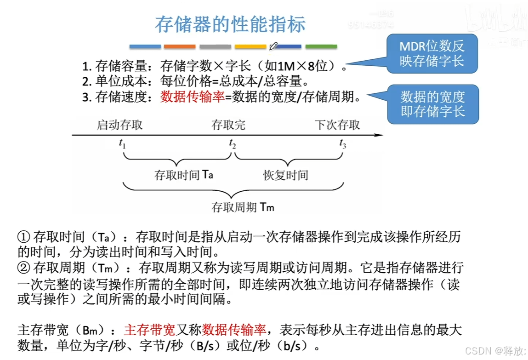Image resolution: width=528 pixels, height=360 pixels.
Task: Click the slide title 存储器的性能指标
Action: tap(230, 24)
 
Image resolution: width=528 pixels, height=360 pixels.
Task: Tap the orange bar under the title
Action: tap(180, 46)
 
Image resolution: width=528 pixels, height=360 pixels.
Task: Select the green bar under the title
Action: tap(321, 46)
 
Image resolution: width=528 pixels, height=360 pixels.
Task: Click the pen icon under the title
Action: tap(273, 46)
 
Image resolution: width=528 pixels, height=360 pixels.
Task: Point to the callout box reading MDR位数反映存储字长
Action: tap(432, 53)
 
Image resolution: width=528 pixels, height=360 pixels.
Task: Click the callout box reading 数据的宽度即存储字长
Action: tap(432, 104)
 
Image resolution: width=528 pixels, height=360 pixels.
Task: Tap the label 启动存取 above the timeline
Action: tap(119, 125)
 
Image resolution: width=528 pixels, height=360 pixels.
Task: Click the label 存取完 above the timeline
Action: tap(228, 125)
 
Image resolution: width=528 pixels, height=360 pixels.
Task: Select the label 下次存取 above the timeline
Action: tap(337, 125)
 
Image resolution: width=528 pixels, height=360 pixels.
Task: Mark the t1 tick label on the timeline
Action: tap(123, 144)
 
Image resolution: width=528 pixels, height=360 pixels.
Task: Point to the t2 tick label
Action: tap(233, 144)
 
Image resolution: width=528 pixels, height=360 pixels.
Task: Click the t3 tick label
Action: tap(343, 144)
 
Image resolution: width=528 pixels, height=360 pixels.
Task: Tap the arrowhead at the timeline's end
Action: tap(378, 135)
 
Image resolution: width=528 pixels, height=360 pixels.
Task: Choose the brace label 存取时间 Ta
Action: tap(184, 175)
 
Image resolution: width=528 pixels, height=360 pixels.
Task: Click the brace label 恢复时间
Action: tap(285, 176)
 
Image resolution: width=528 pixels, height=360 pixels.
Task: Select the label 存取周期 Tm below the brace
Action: tap(242, 207)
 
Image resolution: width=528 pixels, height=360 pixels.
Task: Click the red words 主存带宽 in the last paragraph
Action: tap(150, 330)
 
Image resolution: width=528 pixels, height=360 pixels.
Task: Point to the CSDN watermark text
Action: tap(495, 351)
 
